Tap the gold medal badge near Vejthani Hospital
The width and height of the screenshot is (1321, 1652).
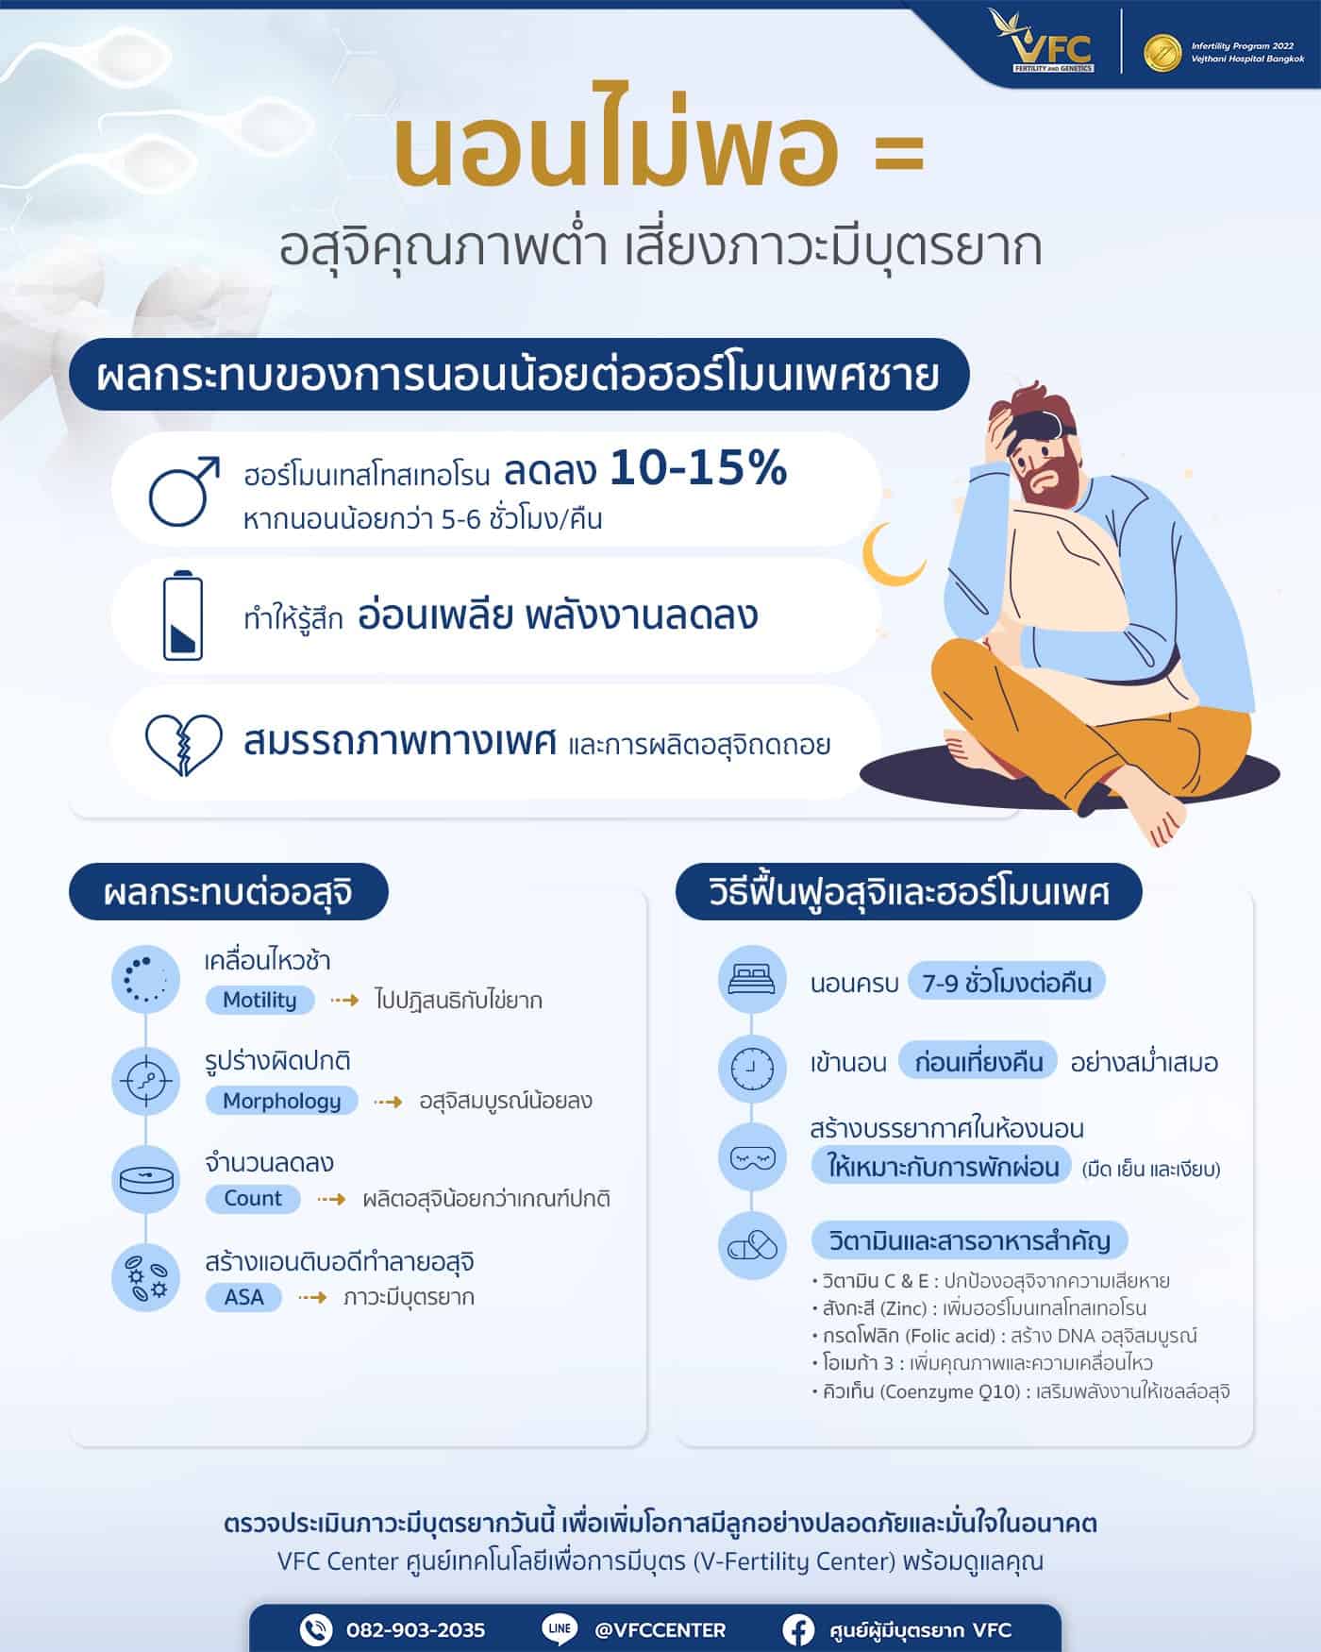click(1162, 54)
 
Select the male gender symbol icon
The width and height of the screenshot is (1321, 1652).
click(183, 490)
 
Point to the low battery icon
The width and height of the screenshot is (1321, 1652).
click(182, 615)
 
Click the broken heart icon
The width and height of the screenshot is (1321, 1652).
click(183, 743)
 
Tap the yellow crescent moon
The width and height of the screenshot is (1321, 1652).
click(891, 554)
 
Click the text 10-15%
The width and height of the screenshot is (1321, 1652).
click(698, 469)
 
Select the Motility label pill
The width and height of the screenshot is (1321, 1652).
click(259, 1000)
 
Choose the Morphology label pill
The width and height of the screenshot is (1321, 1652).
click(281, 1101)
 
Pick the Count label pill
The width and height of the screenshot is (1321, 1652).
click(253, 1198)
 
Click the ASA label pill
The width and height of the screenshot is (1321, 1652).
click(243, 1297)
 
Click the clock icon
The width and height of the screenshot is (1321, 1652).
click(751, 1067)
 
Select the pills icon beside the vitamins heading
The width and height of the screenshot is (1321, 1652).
click(751, 1245)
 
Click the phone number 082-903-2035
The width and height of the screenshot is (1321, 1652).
click(415, 1630)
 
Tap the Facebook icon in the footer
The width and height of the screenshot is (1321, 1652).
click(798, 1629)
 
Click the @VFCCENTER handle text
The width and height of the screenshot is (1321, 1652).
click(660, 1630)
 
